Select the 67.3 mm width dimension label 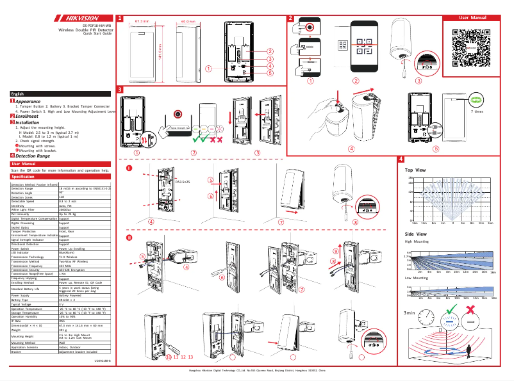[x=142, y=21]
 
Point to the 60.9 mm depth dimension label [x=188, y=21]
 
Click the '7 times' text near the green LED [x=477, y=111]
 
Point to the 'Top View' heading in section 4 [x=415, y=170]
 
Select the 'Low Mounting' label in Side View [x=417, y=279]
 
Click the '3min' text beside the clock [x=410, y=313]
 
